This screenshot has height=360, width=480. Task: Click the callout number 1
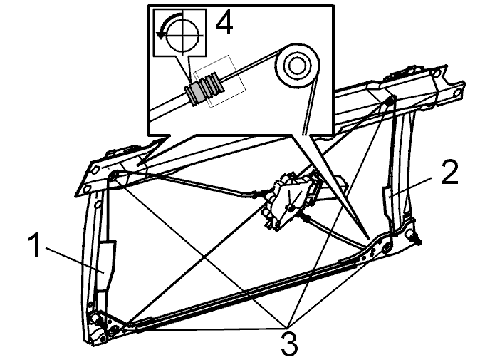34,245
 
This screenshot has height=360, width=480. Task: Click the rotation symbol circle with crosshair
183,35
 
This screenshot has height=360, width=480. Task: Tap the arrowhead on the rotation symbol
160,35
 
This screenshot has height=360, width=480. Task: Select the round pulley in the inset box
297,66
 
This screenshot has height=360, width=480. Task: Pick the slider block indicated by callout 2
388,202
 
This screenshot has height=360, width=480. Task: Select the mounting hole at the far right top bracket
458,93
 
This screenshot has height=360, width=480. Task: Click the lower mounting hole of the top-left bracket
87,189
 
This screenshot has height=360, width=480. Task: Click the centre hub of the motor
290,208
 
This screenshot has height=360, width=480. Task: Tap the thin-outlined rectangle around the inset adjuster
220,81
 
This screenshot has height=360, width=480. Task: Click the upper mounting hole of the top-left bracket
95,169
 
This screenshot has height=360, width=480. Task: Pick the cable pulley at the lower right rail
387,247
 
